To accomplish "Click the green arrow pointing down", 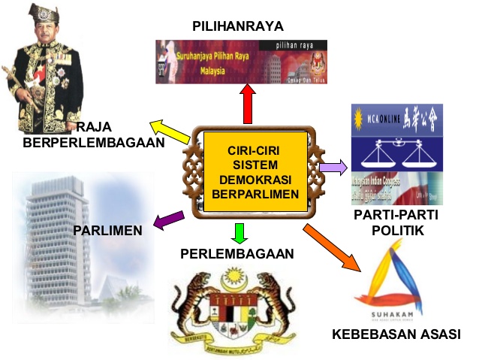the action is [x=239, y=232].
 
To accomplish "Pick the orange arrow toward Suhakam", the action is [x=334, y=246].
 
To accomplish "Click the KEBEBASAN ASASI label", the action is [x=396, y=334].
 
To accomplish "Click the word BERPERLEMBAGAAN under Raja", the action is [x=94, y=142].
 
